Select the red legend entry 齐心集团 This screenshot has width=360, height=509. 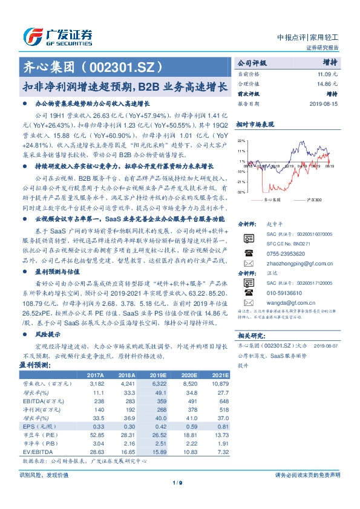[x=273, y=199]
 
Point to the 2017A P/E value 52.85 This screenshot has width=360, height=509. [x=97, y=435]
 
